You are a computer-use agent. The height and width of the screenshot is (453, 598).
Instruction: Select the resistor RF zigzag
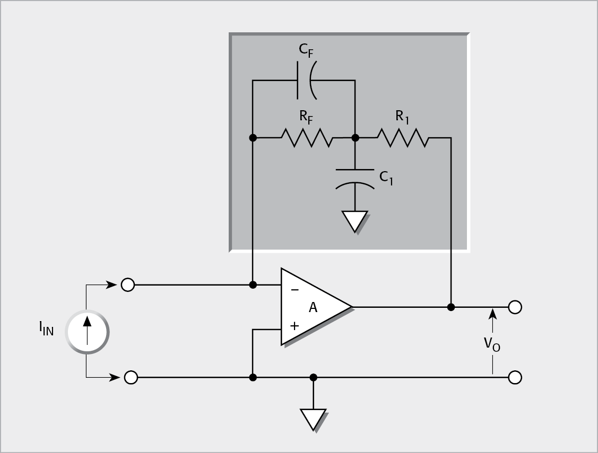click(x=307, y=138)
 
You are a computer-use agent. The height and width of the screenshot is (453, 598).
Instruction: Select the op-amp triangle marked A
click(x=313, y=307)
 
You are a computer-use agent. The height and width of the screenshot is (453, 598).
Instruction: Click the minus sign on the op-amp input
click(x=294, y=290)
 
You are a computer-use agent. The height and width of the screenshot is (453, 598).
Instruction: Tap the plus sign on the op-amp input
click(x=294, y=325)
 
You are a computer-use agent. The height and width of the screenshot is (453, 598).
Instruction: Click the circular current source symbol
click(x=86, y=332)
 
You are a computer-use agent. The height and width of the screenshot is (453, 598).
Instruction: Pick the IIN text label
click(x=46, y=330)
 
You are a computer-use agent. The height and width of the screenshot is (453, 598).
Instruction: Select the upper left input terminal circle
click(x=128, y=285)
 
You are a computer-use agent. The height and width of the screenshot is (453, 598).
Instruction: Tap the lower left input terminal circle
click(x=131, y=377)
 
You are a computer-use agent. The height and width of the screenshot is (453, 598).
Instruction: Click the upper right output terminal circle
click(x=515, y=307)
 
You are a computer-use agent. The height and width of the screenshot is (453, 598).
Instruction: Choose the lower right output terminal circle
click(x=515, y=377)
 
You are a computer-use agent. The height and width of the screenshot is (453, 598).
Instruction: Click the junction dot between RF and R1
click(x=356, y=138)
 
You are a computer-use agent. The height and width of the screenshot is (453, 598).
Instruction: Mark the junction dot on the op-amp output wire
click(x=451, y=307)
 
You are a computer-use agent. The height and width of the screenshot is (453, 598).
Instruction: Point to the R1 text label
click(x=402, y=116)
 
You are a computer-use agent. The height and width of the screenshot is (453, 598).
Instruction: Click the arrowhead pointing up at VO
click(x=493, y=314)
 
